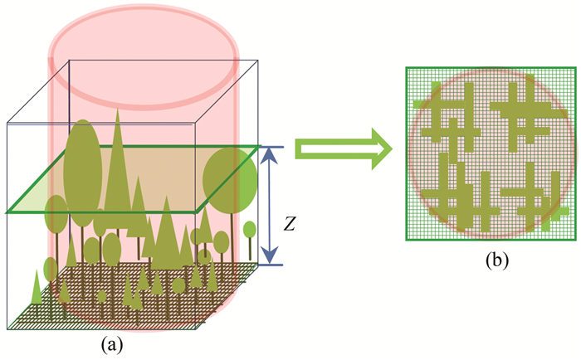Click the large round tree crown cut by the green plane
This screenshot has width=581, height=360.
(x=229, y=177)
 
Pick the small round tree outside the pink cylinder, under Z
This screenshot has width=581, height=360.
(x=249, y=229)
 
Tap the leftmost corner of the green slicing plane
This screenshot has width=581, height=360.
(x=7, y=212)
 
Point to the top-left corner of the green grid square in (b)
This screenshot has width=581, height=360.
(x=407, y=67)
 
